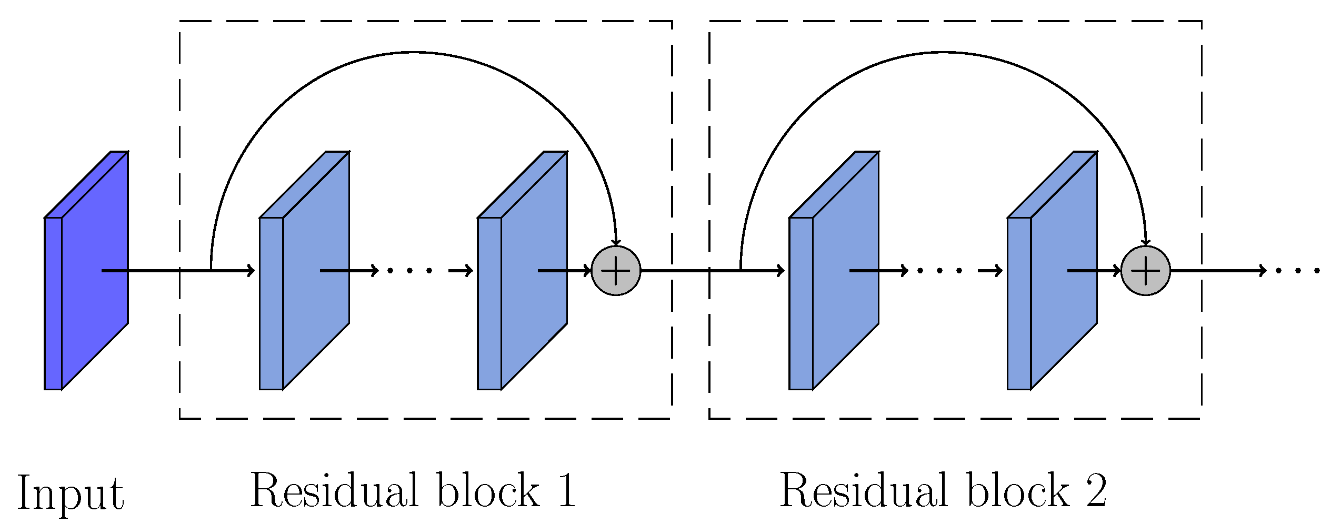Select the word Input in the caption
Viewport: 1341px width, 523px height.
[x=71, y=493]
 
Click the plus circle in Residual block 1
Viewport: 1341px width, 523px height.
[x=616, y=271]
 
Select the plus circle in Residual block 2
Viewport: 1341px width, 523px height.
[x=1145, y=271]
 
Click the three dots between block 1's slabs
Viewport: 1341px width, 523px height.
[x=409, y=271]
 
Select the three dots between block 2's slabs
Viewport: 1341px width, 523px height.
[x=939, y=271]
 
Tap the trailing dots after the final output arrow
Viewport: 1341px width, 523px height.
[x=1298, y=271]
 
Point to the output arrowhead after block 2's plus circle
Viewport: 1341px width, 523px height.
[x=1262, y=271]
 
